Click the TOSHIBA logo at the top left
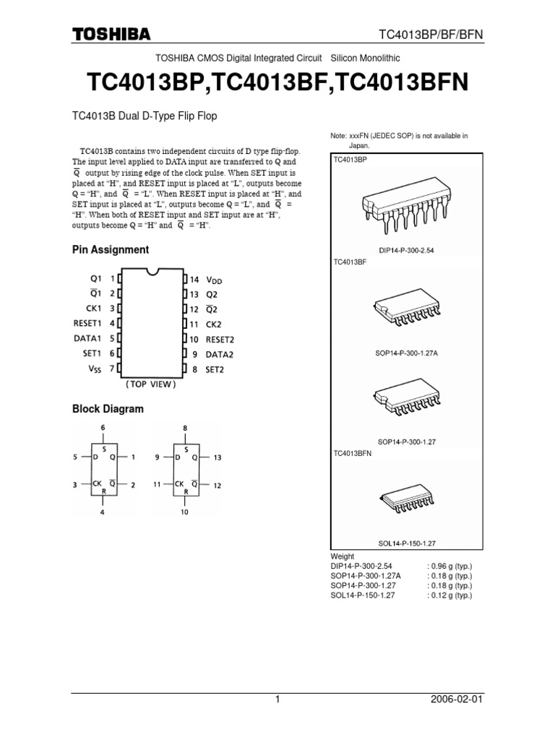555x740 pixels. pos(111,34)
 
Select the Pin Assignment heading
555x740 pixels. pos(111,249)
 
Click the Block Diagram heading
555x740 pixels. pos(108,409)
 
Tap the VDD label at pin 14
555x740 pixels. pos(215,280)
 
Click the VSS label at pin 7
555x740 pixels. pos(95,369)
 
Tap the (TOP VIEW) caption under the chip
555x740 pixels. pos(150,384)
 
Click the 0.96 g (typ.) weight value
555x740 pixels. pos(449,565)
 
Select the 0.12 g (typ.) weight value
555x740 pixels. pos(449,595)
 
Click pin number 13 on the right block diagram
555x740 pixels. pos(218,457)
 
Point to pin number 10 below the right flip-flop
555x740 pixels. pos(185,512)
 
